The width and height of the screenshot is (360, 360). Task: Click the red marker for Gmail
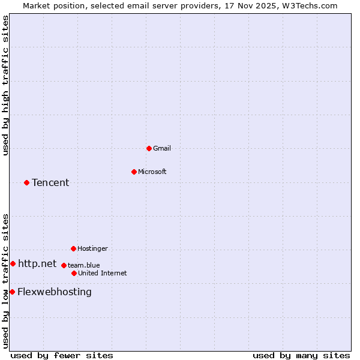(149, 148)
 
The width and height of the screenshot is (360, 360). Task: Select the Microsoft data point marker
(134, 172)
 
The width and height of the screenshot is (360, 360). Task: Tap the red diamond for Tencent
(26, 182)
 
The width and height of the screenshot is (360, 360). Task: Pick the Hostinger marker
(73, 248)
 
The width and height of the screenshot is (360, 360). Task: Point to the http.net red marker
(13, 263)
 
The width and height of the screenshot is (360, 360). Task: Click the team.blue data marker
(64, 265)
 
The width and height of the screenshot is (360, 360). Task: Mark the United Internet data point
(74, 273)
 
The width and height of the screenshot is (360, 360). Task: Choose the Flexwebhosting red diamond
(12, 292)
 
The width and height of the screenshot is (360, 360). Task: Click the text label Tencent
(50, 182)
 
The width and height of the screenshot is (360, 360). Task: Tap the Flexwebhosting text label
(55, 292)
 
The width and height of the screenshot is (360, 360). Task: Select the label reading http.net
(37, 263)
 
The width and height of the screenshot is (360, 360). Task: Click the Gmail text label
(162, 148)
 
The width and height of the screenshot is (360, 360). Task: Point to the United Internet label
(102, 273)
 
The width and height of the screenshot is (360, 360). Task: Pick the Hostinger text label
(92, 248)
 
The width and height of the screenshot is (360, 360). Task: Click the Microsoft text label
(152, 172)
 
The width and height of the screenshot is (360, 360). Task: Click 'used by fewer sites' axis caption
(62, 355)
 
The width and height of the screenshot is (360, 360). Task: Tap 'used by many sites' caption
(301, 355)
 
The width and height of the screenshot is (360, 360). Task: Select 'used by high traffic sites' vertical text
(5, 85)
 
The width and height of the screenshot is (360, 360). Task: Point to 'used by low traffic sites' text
(5, 281)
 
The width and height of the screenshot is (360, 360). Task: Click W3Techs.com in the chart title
(310, 5)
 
